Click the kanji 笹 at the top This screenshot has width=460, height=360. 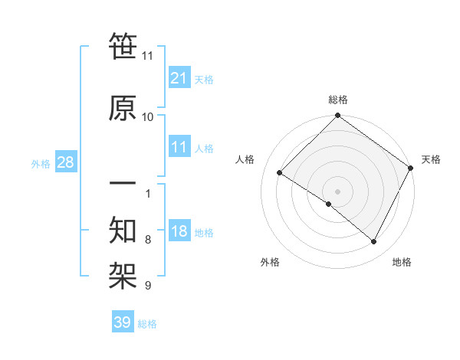pos(123,46)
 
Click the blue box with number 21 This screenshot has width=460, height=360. pos(179,77)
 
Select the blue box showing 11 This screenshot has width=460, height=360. pos(179,147)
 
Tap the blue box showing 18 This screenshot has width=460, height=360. pos(179,231)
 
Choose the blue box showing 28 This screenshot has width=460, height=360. pos(65,162)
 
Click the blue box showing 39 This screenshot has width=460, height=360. pos(123,322)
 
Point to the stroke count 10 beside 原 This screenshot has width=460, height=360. pos(147,116)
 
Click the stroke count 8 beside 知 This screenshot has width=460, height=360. pos(147,240)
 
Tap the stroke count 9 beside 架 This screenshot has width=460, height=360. pos(147,286)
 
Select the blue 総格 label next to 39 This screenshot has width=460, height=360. pos(147,324)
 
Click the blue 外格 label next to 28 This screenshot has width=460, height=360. pos(41,163)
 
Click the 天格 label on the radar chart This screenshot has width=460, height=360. pos(431,159)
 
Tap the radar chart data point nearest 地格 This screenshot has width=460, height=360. pos(374,242)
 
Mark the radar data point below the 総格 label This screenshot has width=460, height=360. pos(337,116)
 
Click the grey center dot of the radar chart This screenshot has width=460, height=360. pos(337,191)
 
